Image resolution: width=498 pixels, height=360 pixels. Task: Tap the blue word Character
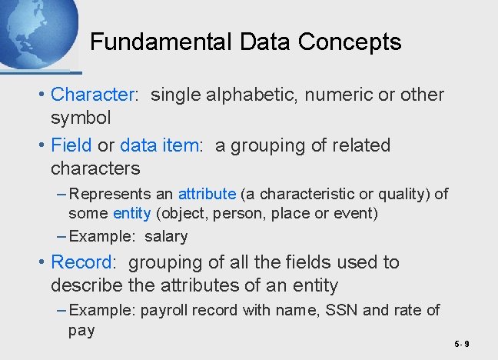[x=92, y=95]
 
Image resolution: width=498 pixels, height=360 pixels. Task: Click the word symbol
[x=81, y=118]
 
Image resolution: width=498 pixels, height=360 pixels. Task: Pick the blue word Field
[x=71, y=145]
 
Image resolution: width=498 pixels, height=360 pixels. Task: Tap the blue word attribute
[x=206, y=195]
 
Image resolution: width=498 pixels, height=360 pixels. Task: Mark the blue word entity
[x=131, y=213]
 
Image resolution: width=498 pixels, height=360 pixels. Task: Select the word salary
[x=166, y=236]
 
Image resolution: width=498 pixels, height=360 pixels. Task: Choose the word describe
[x=87, y=285]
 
